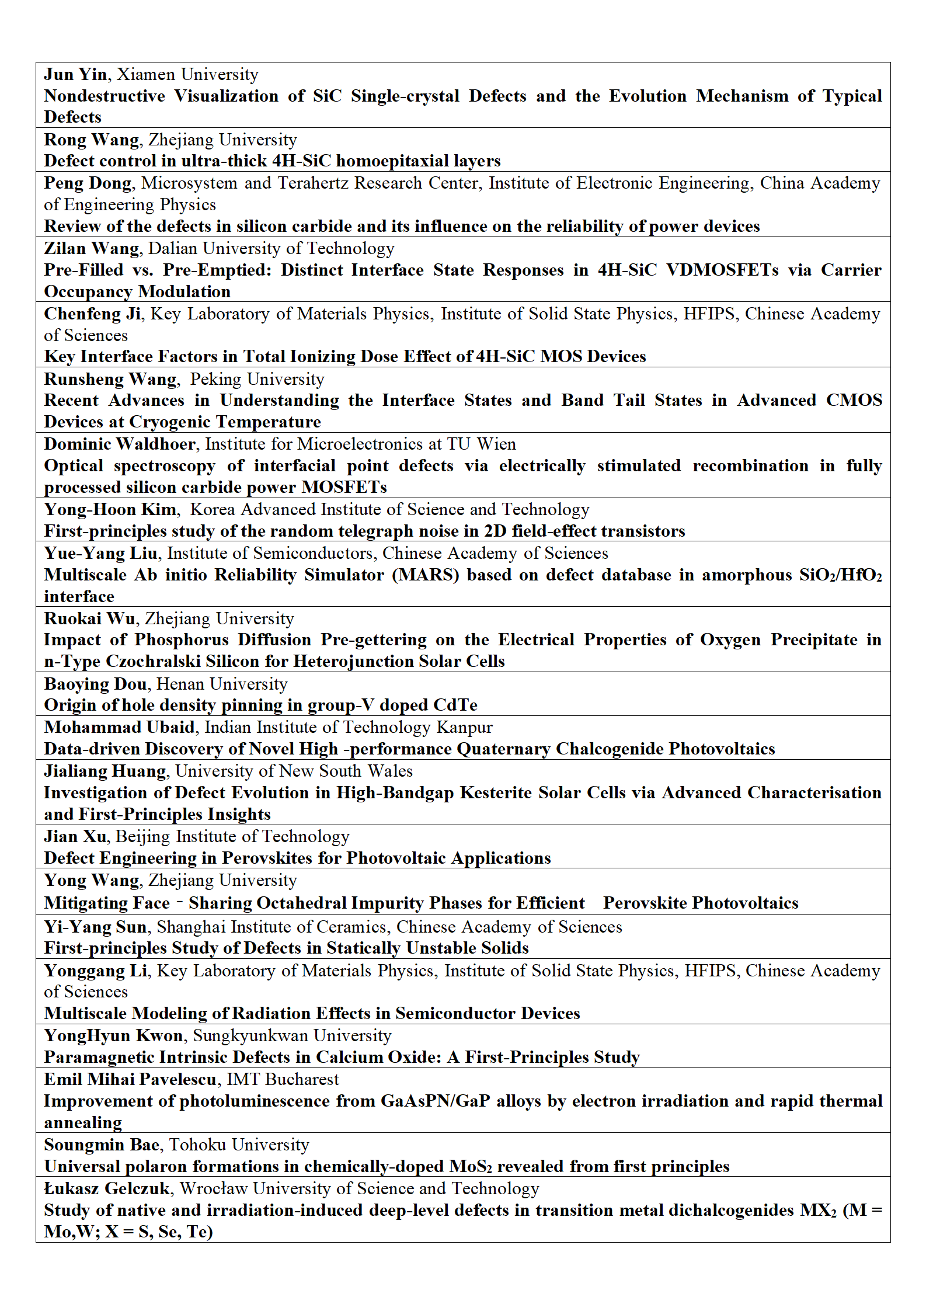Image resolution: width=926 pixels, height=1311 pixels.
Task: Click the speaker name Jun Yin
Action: click(x=75, y=75)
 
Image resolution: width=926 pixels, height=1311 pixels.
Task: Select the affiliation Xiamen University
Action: click(x=187, y=75)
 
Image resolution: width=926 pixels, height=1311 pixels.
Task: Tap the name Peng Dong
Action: click(x=88, y=183)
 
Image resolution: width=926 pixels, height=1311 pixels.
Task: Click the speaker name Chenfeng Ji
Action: click(x=92, y=314)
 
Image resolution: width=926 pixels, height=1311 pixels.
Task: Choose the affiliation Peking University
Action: click(x=257, y=380)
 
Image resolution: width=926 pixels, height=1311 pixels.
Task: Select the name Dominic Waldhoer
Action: click(x=120, y=444)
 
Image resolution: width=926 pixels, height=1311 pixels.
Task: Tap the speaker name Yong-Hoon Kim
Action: click(x=110, y=510)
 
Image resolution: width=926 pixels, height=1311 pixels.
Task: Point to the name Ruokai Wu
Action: click(x=90, y=619)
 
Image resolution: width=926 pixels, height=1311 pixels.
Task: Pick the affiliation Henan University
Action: click(x=222, y=684)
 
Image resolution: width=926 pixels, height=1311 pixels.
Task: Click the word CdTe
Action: click(x=452, y=705)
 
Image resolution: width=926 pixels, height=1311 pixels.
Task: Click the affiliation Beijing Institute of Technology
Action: click(x=232, y=837)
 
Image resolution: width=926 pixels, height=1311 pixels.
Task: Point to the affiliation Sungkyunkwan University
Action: click(x=292, y=1036)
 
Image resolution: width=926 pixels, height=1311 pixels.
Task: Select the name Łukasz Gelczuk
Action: click(x=107, y=1189)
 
